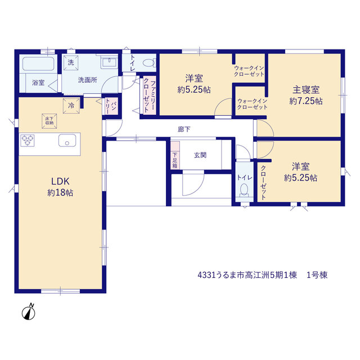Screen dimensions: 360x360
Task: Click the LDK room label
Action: click(60, 181)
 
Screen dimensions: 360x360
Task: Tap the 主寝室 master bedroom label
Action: click(306, 90)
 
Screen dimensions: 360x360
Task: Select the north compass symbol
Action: click(29, 312)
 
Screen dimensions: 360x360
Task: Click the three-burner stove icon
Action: click(28, 141)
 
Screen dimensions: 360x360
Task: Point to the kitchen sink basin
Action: click(67, 140)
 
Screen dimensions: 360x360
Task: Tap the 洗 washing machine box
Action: click(71, 62)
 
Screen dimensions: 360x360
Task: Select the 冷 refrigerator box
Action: click(71, 106)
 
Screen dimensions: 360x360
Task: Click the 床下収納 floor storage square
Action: click(49, 121)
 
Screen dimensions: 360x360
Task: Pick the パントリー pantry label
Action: click(111, 106)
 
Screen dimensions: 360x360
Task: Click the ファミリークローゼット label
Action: click(150, 96)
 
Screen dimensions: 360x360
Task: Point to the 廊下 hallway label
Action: click(184, 129)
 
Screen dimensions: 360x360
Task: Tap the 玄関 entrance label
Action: click(200, 155)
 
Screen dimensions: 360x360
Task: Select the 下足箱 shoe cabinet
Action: click(175, 155)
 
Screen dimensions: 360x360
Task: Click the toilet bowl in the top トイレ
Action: click(148, 62)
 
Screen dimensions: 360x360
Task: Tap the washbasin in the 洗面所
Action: click(109, 62)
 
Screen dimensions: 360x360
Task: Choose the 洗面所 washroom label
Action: click(88, 80)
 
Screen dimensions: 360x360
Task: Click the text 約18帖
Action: click(60, 192)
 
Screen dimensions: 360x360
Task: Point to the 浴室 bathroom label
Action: click(38, 83)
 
